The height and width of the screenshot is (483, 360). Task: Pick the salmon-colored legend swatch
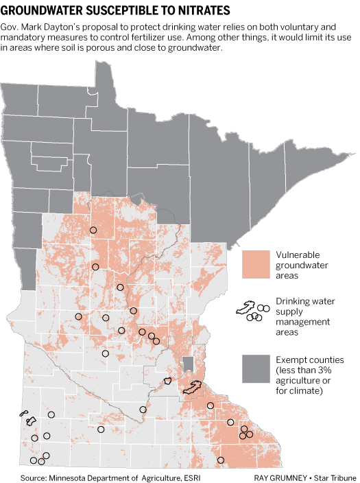tap(255, 263)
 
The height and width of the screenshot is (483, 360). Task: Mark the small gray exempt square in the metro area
tap(188, 364)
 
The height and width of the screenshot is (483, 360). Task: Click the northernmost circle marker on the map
tap(93, 231)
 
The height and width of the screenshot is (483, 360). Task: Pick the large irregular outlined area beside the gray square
tap(193, 388)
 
